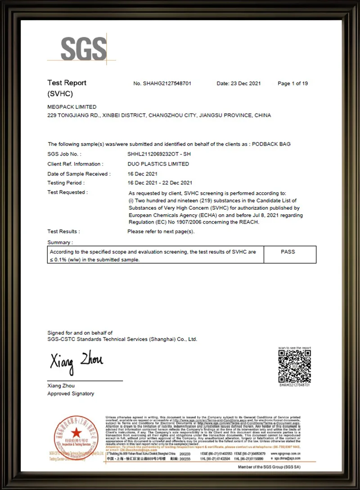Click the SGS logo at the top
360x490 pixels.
83,48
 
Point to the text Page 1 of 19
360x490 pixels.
292,84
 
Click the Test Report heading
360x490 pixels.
67,83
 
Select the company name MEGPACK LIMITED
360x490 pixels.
72,107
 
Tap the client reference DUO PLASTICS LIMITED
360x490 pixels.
158,164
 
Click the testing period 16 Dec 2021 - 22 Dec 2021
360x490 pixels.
160,183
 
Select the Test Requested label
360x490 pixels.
67,192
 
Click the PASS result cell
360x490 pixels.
288,252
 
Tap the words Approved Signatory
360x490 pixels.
71,394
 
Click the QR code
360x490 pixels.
294,366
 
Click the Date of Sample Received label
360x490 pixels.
78,174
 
